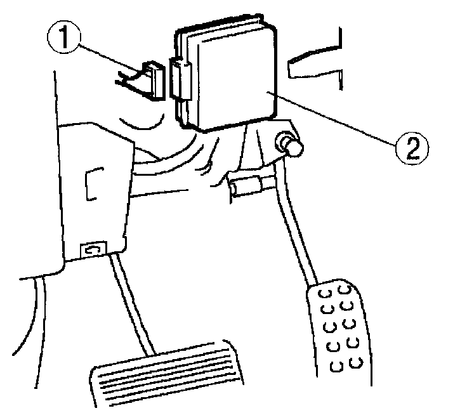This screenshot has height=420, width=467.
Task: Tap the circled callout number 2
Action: point(411,148)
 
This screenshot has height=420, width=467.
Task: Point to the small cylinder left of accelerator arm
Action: point(245,188)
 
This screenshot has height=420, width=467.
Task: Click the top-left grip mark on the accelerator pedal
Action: point(325,295)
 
